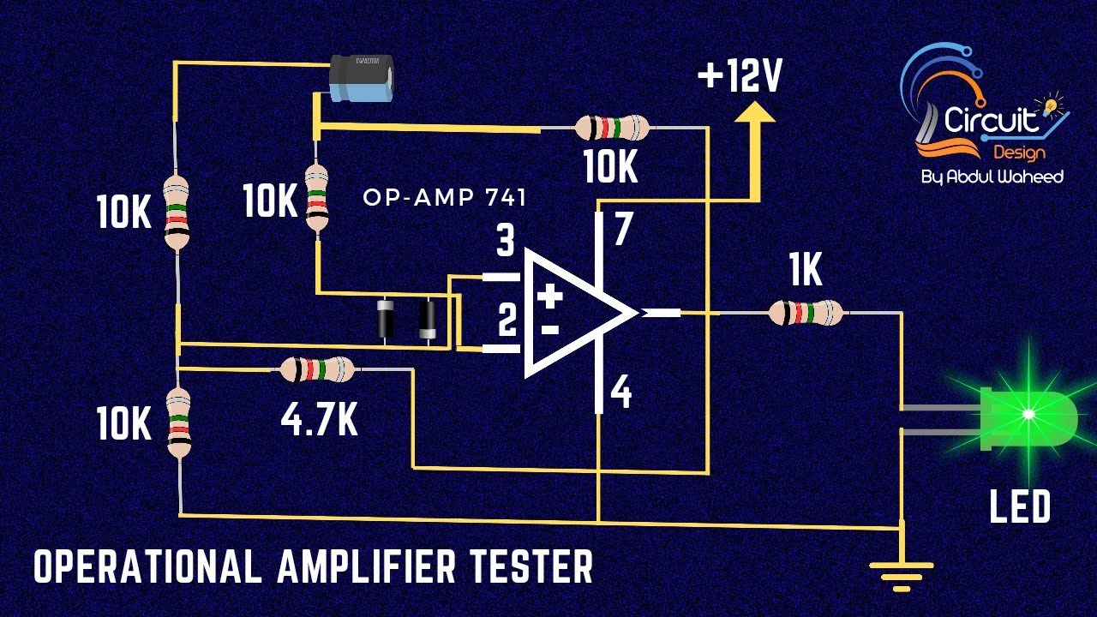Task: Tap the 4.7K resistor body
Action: pyautogui.click(x=316, y=369)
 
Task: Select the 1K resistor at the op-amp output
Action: pyautogui.click(x=806, y=313)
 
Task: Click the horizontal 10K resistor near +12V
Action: pyautogui.click(x=611, y=129)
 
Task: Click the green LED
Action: pyautogui.click(x=1028, y=416)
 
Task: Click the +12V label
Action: pyautogui.click(x=740, y=78)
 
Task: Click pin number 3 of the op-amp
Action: pyautogui.click(x=506, y=242)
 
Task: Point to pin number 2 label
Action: pyautogui.click(x=507, y=323)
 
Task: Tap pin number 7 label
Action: pyautogui.click(x=623, y=230)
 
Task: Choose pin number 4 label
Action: pyautogui.click(x=621, y=393)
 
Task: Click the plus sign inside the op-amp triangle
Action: pyautogui.click(x=549, y=297)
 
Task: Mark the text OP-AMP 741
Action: pyautogui.click(x=444, y=197)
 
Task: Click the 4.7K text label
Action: pyautogui.click(x=319, y=420)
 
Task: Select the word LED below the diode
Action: pyautogui.click(x=1019, y=507)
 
